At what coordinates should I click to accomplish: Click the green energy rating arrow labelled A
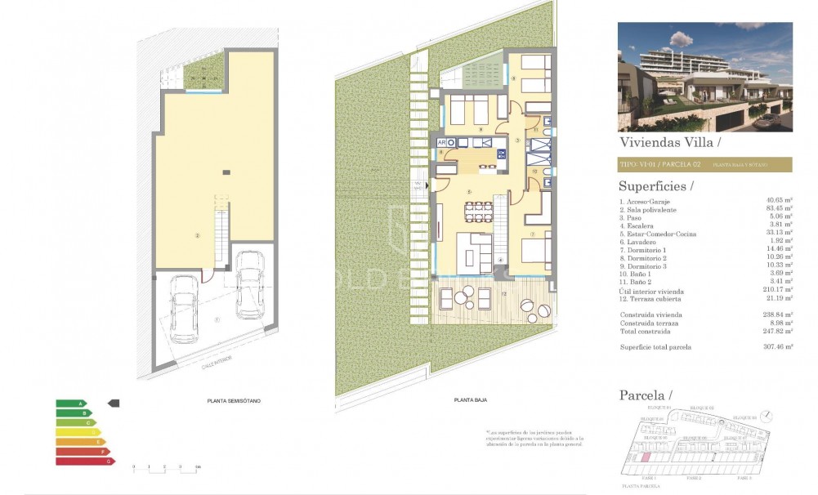70,404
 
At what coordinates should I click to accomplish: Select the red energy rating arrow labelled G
85,462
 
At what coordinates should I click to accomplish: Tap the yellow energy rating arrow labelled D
78,432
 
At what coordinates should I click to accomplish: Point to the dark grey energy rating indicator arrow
114,403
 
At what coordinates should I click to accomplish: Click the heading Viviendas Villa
670,141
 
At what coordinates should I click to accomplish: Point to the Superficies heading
656,186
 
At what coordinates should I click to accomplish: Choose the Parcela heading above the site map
646,395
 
